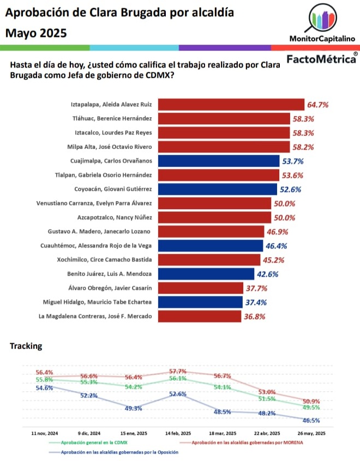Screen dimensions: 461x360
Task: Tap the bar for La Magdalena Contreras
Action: pos(200,316)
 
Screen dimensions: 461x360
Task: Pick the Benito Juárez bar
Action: pos(206,274)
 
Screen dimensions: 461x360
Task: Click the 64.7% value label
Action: pos(319,104)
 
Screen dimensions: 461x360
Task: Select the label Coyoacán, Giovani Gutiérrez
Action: pos(113,189)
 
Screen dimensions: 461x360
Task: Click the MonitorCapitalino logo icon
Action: pos(322,19)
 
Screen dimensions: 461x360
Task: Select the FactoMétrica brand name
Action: pos(321,59)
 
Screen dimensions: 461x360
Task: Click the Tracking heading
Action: pos(26,346)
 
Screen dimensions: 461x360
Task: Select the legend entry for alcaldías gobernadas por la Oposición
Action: pos(119,452)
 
